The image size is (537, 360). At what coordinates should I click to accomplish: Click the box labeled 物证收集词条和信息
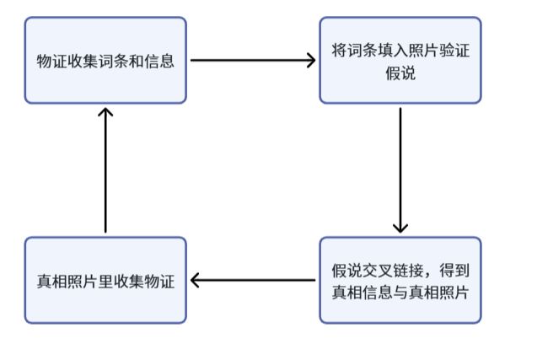click(x=105, y=61)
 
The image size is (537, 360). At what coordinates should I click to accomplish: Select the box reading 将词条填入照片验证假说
click(x=400, y=61)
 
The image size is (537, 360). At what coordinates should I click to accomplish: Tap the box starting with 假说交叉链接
click(x=400, y=280)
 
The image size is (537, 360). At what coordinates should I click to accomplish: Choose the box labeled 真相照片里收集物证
click(x=105, y=280)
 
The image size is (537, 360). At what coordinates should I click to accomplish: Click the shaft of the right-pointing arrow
click(x=253, y=61)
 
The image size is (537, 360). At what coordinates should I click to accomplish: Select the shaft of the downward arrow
click(x=400, y=170)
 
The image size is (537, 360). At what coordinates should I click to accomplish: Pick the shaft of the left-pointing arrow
click(x=254, y=280)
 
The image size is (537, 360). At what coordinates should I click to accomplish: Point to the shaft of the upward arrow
click(x=105, y=171)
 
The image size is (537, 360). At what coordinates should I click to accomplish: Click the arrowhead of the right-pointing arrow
click(x=311, y=61)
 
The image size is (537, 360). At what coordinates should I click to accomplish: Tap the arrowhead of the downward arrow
click(x=400, y=228)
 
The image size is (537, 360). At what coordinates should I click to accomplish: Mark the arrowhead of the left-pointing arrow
click(x=195, y=280)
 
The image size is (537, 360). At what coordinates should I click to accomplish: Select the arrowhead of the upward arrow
click(x=105, y=113)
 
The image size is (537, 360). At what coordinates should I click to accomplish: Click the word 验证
click(x=455, y=51)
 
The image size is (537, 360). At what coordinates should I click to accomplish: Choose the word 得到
click(x=454, y=271)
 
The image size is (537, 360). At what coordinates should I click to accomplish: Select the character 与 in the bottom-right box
click(x=400, y=293)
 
